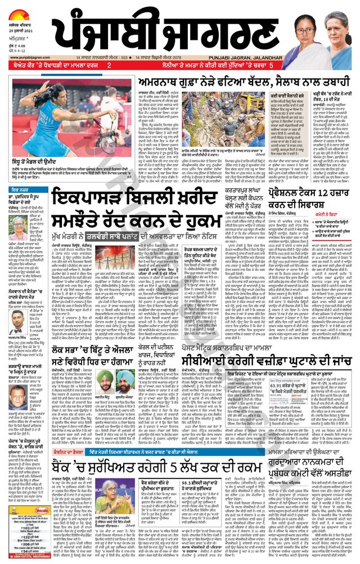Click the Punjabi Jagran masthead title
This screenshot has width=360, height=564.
pyautogui.click(x=186, y=31)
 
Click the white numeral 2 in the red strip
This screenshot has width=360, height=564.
pyautogui.click(x=109, y=65)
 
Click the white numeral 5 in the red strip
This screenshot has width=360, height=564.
pyautogui.click(x=271, y=65)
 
